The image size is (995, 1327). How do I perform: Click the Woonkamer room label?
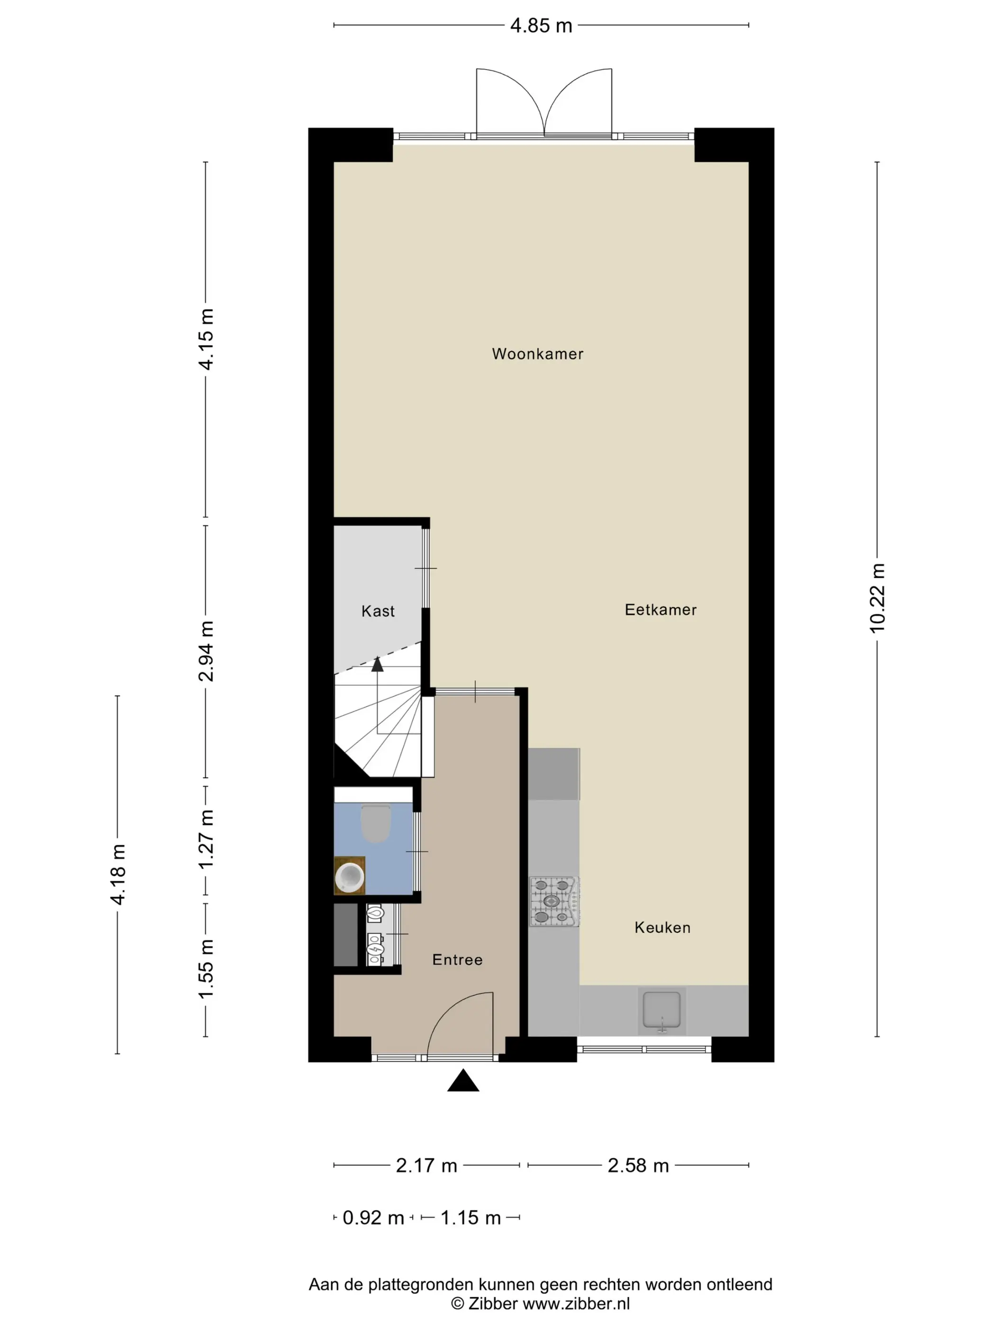coord(537,354)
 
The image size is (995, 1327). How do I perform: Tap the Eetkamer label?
coord(660,609)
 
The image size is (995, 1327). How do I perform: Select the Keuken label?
coord(662,927)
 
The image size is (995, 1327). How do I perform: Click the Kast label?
coord(378,611)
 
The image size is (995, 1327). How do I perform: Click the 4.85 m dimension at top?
coord(541,26)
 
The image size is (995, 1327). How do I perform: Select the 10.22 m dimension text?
coord(877,598)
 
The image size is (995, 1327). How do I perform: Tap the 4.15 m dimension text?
coord(206,339)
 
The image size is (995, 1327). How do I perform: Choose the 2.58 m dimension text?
coord(638,1165)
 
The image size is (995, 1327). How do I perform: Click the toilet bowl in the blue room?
coord(376,823)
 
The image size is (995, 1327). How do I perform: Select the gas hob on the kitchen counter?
coord(555,902)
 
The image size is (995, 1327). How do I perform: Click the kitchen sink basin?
coord(661,1010)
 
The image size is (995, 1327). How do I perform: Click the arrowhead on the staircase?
coord(377,664)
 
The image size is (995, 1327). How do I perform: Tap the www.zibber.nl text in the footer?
coord(576,1303)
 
